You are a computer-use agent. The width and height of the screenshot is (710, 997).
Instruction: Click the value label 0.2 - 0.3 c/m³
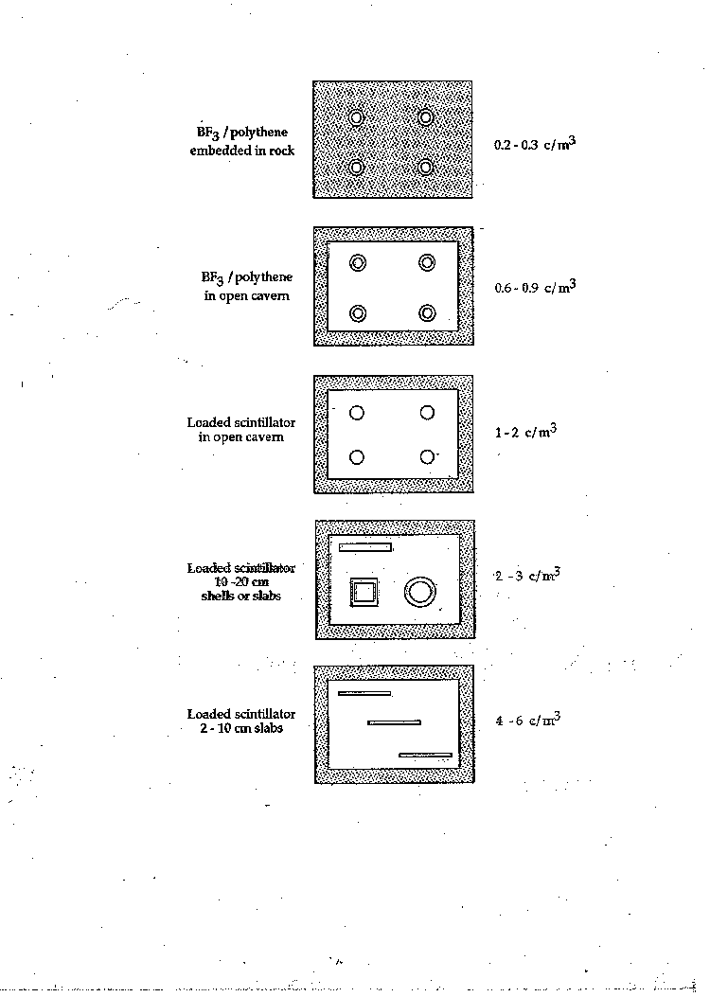[x=535, y=144]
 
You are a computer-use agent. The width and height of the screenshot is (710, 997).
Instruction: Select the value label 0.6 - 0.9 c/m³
[x=535, y=287]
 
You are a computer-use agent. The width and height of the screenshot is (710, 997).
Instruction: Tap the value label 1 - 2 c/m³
[x=525, y=432]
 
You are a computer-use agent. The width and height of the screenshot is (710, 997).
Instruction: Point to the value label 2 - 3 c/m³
[x=527, y=575]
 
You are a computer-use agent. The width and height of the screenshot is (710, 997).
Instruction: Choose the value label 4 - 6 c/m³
[x=527, y=720]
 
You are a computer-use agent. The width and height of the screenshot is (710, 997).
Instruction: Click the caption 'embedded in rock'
[x=242, y=151]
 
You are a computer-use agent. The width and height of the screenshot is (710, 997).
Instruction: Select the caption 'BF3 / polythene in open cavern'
[x=247, y=286]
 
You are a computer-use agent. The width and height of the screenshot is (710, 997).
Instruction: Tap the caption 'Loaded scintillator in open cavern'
[x=240, y=429]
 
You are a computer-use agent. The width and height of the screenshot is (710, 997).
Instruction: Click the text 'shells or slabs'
[x=240, y=596]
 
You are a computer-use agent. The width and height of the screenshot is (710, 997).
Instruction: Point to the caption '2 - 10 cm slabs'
[x=241, y=729]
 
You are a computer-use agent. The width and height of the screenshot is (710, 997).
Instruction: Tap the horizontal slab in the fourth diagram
[x=364, y=547]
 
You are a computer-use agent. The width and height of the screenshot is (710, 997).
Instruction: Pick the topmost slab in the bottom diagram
[x=364, y=693]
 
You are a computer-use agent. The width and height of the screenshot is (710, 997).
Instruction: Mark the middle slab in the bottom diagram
[x=394, y=722]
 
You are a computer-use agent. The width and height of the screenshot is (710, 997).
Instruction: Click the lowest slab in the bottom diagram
[x=425, y=756]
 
